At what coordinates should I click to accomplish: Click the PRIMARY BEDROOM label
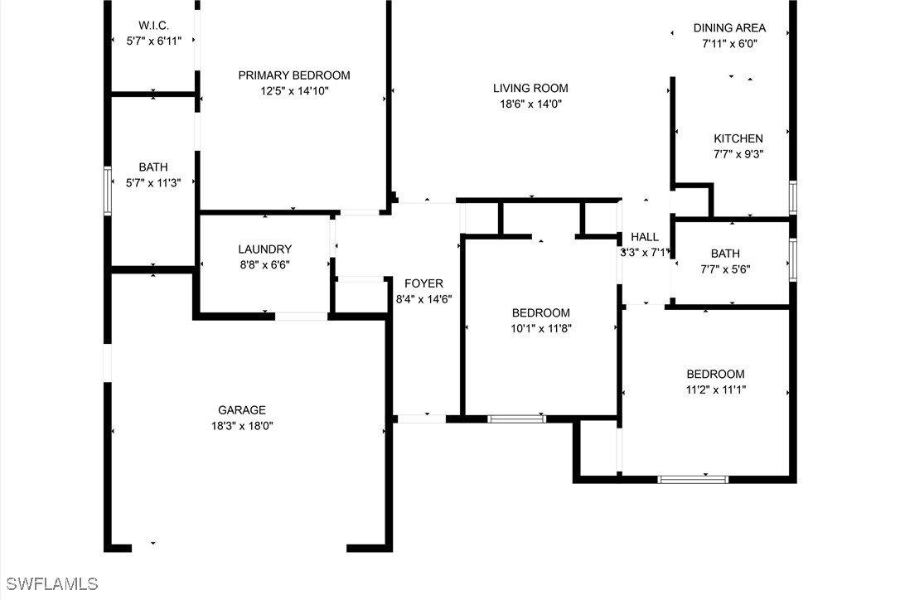[294, 75]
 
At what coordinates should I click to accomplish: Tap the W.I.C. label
[153, 25]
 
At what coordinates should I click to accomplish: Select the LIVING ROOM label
[530, 89]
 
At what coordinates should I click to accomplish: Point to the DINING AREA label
[729, 27]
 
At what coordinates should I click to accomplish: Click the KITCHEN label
[738, 138]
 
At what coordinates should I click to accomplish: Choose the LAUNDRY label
[264, 249]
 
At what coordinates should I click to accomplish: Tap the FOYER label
[423, 283]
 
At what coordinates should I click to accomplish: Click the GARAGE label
[242, 410]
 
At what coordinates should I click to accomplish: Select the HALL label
[645, 237]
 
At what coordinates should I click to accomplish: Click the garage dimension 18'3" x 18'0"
[242, 426]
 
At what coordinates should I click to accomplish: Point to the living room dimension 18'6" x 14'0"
[530, 104]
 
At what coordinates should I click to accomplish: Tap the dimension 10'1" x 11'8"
[540, 328]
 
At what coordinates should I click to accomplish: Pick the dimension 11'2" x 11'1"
[715, 390]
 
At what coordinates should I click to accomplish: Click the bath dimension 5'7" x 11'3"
[153, 183]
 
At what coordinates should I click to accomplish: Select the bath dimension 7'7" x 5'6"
[725, 269]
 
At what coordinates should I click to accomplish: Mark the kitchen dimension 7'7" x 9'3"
[738, 154]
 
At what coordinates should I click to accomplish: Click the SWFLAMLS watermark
[52, 584]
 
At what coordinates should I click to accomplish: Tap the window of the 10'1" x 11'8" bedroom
[516, 419]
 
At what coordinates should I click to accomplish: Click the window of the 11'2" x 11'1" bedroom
[693, 480]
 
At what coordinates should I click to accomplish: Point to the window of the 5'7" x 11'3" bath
[108, 191]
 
